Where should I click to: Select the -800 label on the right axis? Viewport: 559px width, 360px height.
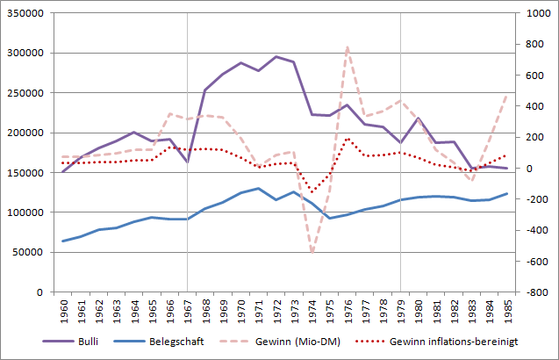tap(536, 292)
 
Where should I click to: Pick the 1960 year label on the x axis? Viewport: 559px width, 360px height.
tap(62, 313)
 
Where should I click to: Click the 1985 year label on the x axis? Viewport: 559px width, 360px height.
tap(506, 313)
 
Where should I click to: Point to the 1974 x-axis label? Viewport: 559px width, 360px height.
tap(311, 313)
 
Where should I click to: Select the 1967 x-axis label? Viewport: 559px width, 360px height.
tap(187, 313)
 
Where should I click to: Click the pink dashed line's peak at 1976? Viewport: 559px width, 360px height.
tap(347, 47)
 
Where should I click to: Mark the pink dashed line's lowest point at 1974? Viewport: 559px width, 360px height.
tap(311, 253)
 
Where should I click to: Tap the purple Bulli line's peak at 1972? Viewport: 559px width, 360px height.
tap(276, 57)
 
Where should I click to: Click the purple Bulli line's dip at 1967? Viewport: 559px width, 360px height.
tap(187, 162)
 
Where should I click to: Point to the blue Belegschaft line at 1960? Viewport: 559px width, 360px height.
tap(62, 241)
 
